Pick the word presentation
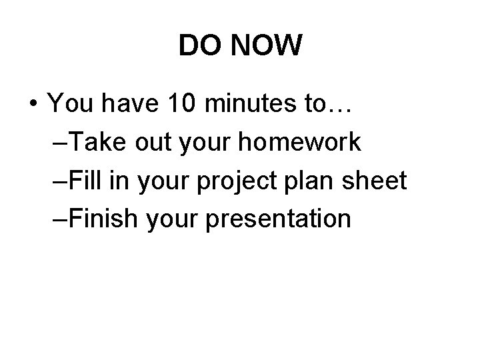tap(279, 219)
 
